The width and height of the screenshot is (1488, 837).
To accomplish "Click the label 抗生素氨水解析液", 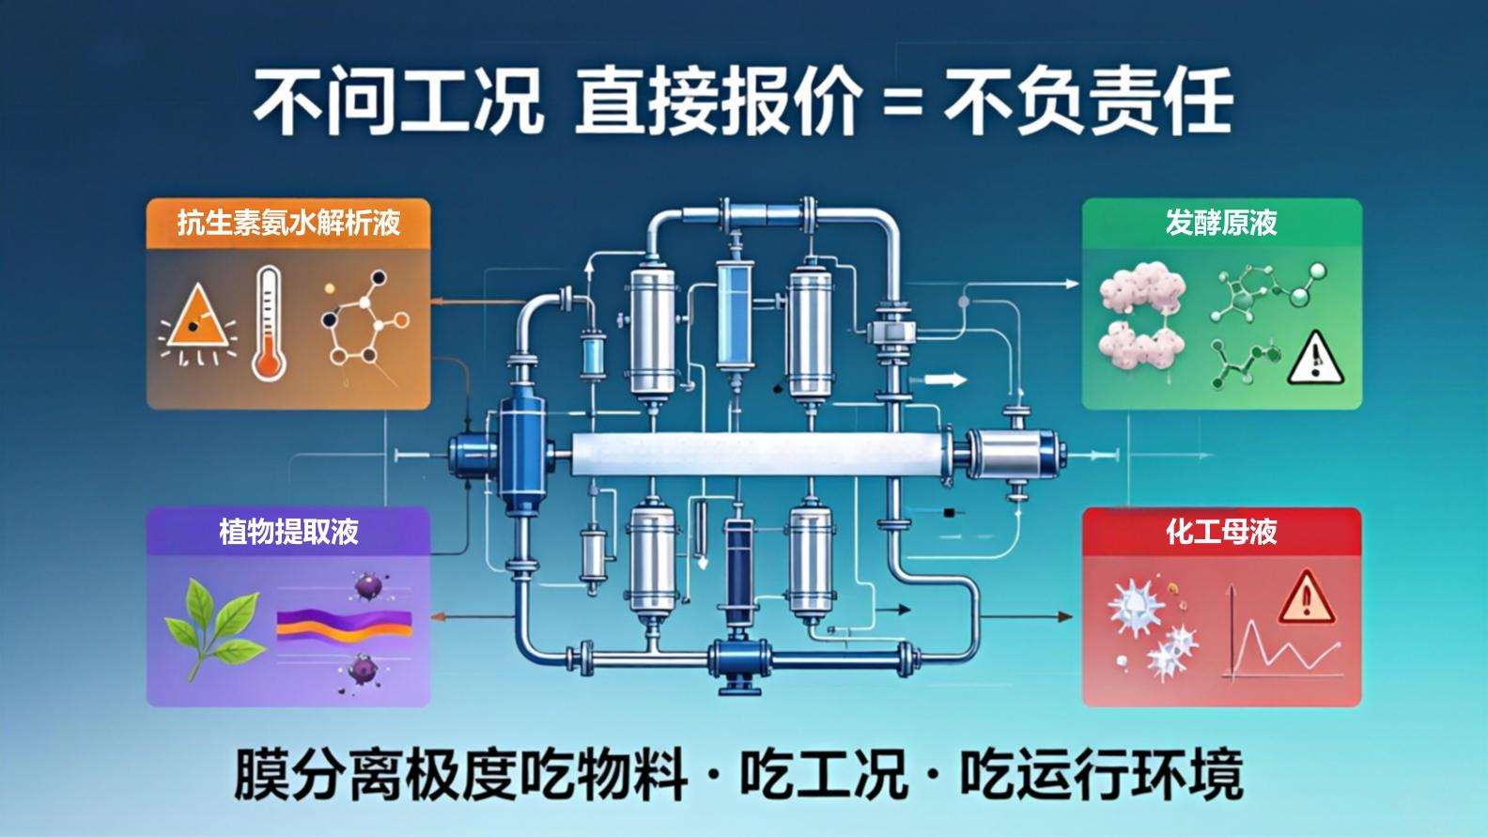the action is click(x=288, y=222).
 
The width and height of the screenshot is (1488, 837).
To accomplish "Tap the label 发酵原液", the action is click(x=1221, y=222).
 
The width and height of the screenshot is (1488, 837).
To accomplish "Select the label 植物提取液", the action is click(x=288, y=532).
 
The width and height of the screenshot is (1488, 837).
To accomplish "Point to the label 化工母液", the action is click(x=1221, y=532).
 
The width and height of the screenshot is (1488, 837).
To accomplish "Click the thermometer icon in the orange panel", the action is click(x=269, y=322).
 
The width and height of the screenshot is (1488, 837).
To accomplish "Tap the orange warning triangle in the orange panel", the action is click(x=198, y=318).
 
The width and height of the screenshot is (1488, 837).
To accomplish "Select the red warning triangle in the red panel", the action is click(x=1307, y=597).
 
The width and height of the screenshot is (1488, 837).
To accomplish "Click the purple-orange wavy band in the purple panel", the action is click(x=344, y=626).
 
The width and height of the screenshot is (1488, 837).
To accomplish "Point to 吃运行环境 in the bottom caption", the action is click(x=1101, y=775).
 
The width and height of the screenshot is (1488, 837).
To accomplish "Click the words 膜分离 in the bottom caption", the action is click(x=318, y=775).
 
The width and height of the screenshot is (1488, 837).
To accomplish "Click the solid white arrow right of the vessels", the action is click(x=944, y=380).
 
